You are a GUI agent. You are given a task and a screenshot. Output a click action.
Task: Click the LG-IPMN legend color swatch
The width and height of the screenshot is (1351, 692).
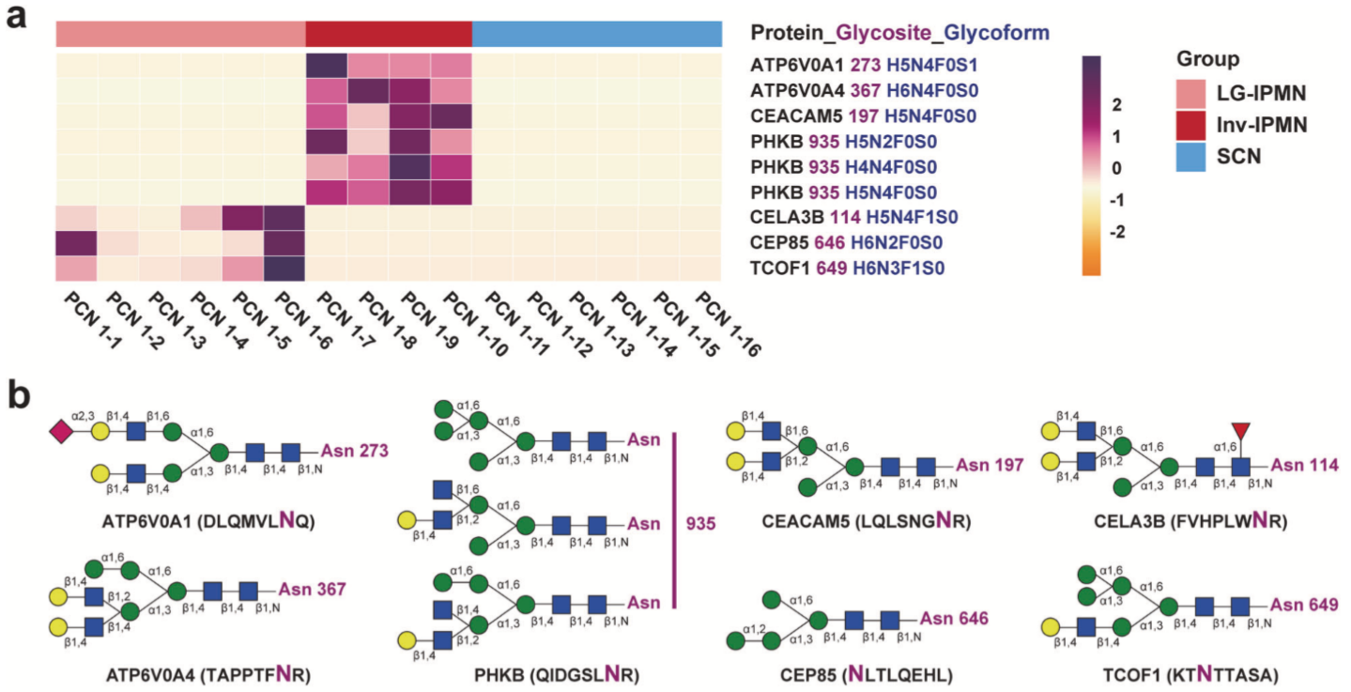point(1190,94)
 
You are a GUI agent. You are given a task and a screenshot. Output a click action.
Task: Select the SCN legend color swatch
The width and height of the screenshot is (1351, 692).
point(1190,157)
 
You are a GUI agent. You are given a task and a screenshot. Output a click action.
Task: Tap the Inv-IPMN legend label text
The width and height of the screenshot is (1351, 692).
point(1262,125)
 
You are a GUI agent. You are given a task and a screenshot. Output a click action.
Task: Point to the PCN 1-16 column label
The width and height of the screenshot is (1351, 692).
point(728,324)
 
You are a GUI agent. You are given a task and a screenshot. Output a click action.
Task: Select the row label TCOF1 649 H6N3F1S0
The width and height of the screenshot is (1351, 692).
point(847,268)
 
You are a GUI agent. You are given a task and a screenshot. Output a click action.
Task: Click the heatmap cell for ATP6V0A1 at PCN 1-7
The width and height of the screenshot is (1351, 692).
point(327,66)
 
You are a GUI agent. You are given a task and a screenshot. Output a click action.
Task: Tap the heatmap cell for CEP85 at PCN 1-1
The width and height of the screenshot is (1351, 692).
point(77,244)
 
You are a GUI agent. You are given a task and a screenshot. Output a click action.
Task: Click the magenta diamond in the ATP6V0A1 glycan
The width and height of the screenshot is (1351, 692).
point(62,432)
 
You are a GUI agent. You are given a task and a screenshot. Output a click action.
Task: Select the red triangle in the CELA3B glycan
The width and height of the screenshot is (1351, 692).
point(1240,431)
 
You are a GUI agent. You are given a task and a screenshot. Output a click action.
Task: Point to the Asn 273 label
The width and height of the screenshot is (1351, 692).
point(354,450)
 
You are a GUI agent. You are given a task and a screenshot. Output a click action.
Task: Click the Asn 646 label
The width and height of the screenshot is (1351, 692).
point(954,619)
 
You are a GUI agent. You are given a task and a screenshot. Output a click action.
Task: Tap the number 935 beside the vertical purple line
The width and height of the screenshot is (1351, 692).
point(700,523)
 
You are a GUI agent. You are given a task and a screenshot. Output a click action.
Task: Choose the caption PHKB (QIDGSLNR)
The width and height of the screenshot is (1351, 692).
point(557,674)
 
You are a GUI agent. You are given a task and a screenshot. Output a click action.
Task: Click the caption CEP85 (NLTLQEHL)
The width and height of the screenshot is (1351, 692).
point(867,674)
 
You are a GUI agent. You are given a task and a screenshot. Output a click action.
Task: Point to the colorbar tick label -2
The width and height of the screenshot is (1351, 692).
point(1117,232)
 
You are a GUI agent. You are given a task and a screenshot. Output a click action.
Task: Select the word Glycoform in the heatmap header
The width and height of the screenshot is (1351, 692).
point(996,33)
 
